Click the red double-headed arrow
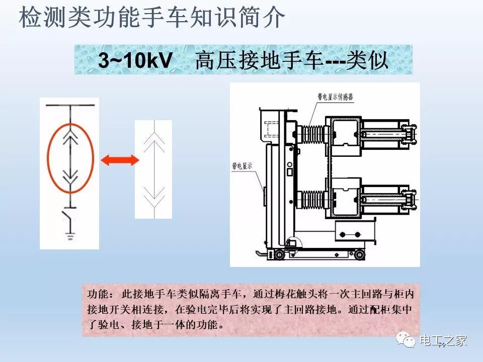point(119,160)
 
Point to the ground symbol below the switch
point(70,235)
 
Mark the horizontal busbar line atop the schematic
point(70,105)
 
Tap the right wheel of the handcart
point(359,255)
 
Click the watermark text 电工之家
point(443,341)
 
